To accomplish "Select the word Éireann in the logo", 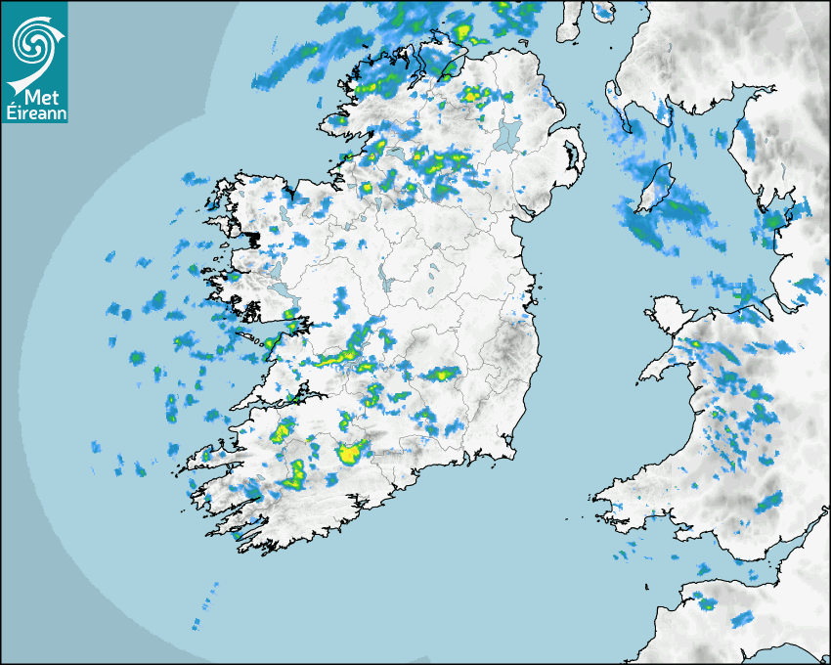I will [35, 113].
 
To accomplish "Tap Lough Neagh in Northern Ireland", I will [508, 134].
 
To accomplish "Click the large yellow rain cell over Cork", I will [350, 453].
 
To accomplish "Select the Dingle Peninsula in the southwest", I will [210, 456].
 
